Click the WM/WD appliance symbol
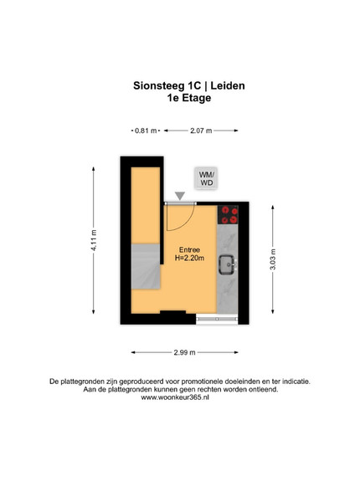point(206,178)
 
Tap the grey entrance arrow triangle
point(180,196)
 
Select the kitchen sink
point(228,264)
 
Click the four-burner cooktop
point(228,214)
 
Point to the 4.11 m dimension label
point(94,240)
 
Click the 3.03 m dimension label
point(273,259)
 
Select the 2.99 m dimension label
point(184,352)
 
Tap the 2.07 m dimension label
point(201,131)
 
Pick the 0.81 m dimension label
point(146,131)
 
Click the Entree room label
point(189,250)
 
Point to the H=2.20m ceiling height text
point(189,258)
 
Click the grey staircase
point(146,267)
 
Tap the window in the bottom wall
point(217,320)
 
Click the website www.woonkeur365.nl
point(175,397)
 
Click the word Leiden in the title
point(228,86)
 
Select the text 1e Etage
point(189,98)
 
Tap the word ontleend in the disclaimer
point(263,390)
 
